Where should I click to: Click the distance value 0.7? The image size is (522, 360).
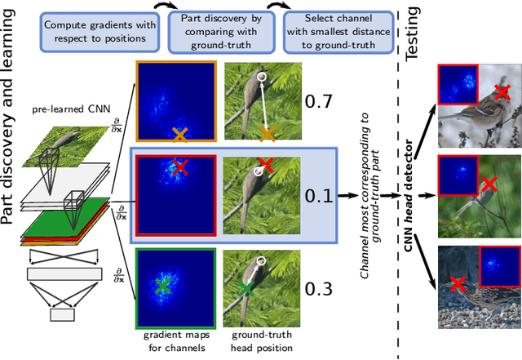click(x=318, y=101)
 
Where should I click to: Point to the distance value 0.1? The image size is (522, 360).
click(x=318, y=195)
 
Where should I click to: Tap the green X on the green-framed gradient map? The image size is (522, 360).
click(x=163, y=285)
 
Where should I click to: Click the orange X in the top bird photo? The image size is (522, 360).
click(x=266, y=134)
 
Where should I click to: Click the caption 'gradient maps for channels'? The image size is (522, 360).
click(x=175, y=340)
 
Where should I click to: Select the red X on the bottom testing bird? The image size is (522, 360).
click(x=458, y=283)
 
